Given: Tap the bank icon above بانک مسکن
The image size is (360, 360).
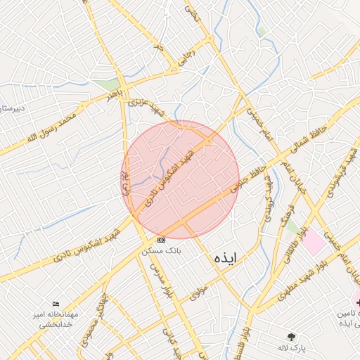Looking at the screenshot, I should (x=162, y=240).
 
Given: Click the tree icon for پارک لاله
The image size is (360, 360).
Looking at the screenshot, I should (x=292, y=337).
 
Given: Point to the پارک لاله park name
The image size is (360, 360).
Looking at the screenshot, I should (x=292, y=348).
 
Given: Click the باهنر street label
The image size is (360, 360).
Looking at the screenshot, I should (x=115, y=94).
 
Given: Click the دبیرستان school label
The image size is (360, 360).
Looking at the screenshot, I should (x=12, y=108).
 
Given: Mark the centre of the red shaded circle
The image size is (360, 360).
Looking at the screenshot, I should (x=180, y=179).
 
